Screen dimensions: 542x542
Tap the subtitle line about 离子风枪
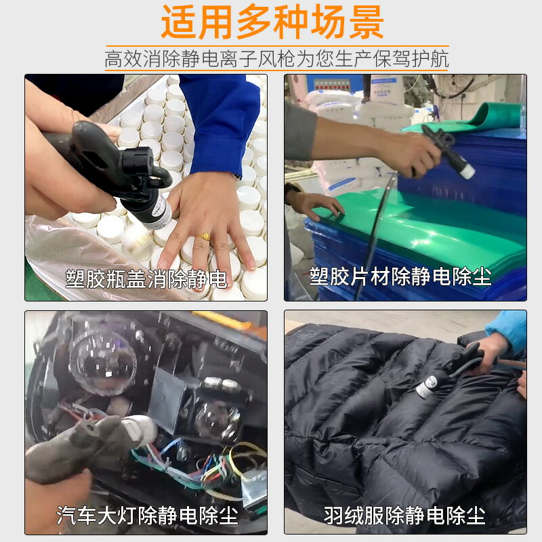pos(276,58)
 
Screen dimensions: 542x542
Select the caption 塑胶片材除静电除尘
pos(400,276)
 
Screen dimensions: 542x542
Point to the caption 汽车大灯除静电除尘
pos(147,516)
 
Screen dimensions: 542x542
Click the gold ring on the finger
pos(203,236)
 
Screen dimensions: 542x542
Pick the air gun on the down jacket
pos(447,369)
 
